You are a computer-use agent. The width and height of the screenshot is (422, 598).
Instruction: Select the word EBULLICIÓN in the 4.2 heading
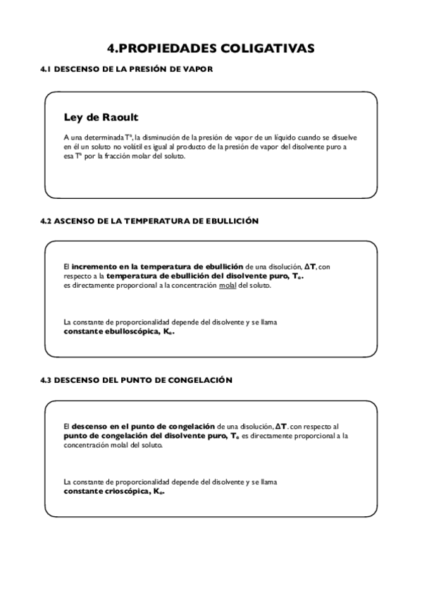coord(234,221)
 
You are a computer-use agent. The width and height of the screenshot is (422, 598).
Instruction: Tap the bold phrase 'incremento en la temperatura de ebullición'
coord(157,267)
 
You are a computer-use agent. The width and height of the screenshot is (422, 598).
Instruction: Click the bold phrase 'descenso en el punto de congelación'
coord(143,426)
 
